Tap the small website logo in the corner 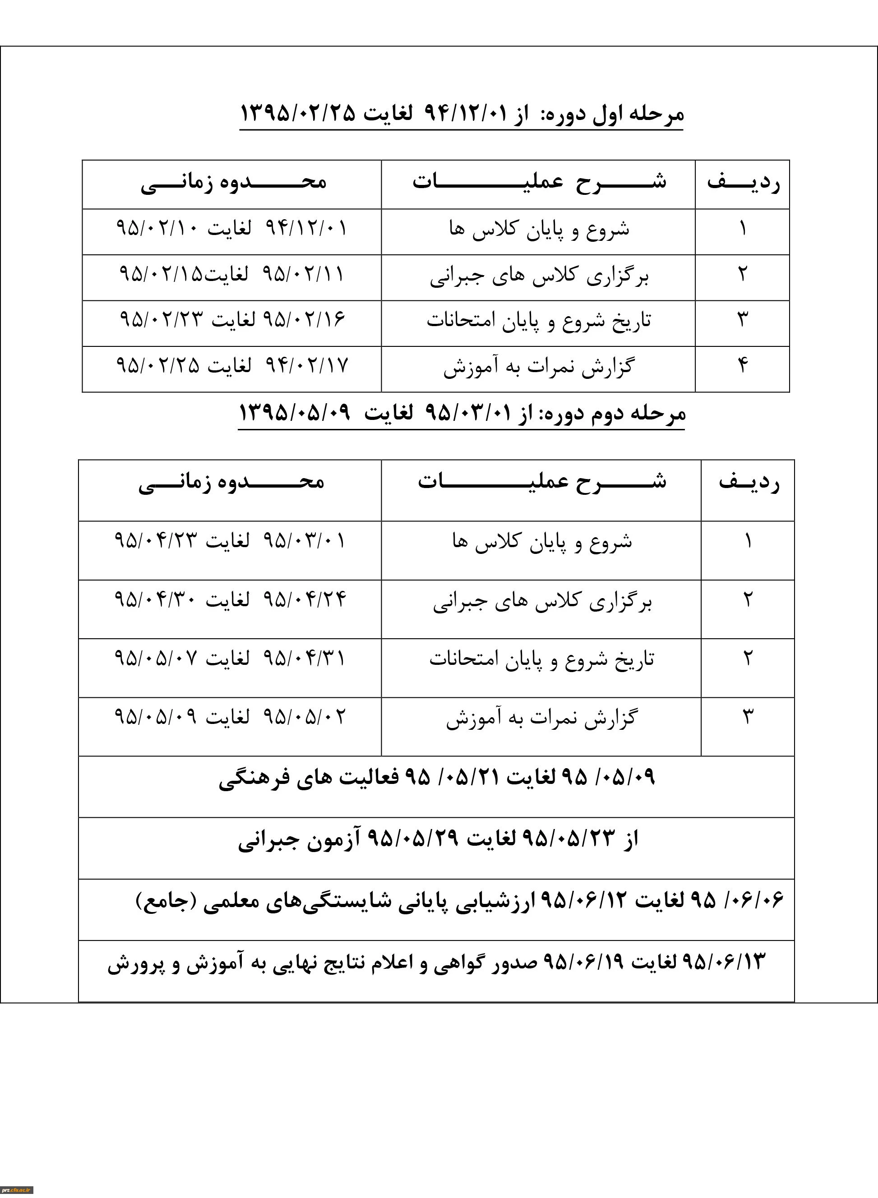pyautogui.click(x=17, y=1190)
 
